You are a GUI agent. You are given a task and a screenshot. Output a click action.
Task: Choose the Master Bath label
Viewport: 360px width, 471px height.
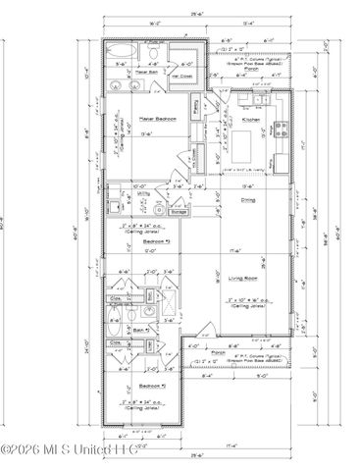pyautogui.click(x=148, y=73)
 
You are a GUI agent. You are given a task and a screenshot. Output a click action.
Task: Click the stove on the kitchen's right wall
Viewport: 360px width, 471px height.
pyautogui.click(x=283, y=128)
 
